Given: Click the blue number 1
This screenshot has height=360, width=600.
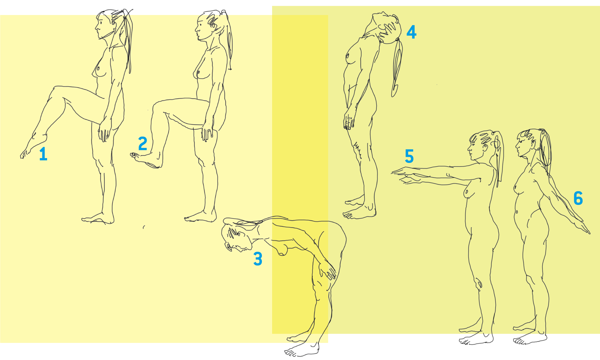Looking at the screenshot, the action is pos(43,154).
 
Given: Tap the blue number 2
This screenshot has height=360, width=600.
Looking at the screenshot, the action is pos(143,143).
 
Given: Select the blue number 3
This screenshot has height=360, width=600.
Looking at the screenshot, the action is pos(258,259).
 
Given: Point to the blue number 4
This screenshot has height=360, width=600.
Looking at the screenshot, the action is pos(412,32).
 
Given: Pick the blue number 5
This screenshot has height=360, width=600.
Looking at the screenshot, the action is pos(409,156).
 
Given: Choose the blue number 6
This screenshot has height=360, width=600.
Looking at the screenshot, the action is pos(578,198).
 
